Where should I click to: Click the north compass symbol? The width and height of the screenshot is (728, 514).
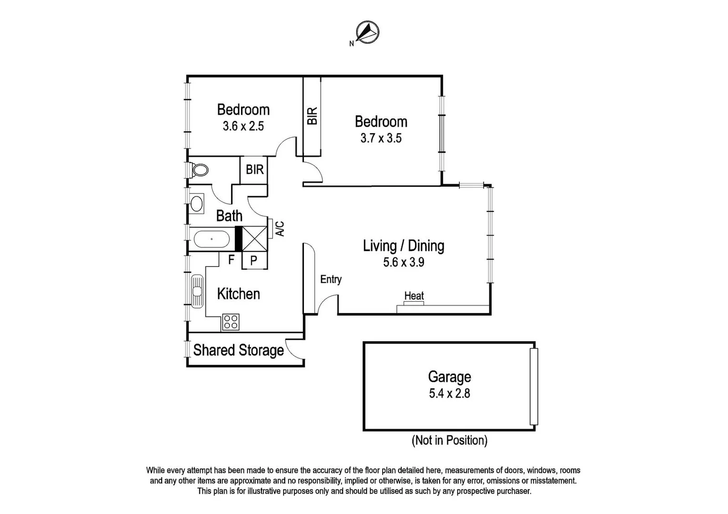[x=367, y=33]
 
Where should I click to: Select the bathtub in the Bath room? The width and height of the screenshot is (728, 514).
[x=211, y=239]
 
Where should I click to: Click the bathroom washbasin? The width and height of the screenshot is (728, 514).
[x=196, y=203]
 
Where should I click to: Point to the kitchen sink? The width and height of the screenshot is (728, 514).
[x=197, y=291]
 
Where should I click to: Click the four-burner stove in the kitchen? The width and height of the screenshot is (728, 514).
[x=231, y=322]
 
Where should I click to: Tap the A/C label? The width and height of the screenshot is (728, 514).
[x=280, y=228]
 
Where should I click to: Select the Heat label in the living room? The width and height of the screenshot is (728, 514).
[x=414, y=296]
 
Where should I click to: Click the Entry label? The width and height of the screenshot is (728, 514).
[x=331, y=279]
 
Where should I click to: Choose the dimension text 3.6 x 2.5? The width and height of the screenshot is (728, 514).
[x=243, y=126]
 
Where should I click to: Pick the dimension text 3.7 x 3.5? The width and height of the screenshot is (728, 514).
[x=381, y=138]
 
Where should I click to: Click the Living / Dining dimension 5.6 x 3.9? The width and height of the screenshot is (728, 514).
[x=404, y=262]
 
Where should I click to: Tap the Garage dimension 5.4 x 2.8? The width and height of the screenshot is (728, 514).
[x=449, y=394]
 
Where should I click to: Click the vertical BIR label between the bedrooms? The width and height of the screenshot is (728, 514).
[x=312, y=116]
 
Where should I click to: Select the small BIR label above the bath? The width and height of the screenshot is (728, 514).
[x=254, y=169]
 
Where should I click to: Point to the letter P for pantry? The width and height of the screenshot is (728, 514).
[x=254, y=260]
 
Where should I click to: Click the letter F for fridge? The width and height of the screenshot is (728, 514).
[x=232, y=259]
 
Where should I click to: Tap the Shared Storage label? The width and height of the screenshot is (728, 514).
[x=238, y=350]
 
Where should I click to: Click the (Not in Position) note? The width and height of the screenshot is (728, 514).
[x=449, y=440]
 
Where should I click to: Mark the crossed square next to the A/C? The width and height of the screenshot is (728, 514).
[x=254, y=239]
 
